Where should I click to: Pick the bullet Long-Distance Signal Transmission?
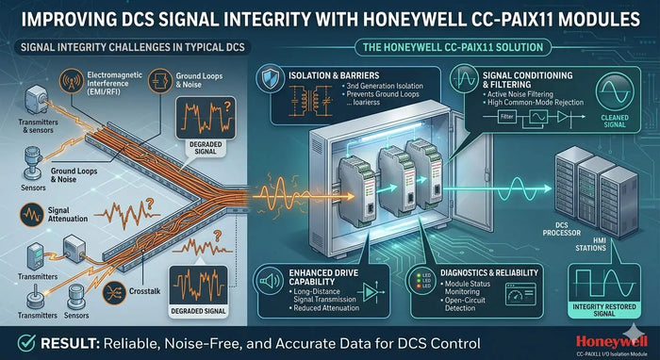(316, 302)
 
